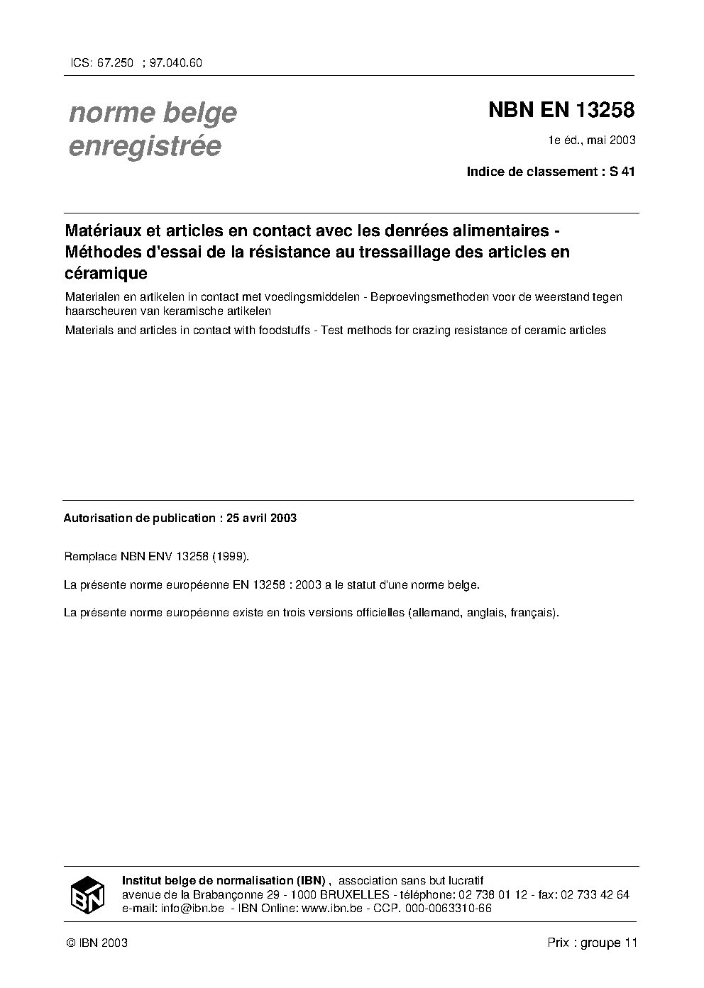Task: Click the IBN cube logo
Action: [x=87, y=894]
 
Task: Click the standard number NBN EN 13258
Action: [x=561, y=111]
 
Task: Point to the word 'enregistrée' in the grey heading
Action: [x=145, y=146]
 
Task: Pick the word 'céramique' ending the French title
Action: [x=106, y=272]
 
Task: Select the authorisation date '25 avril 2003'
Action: [x=261, y=518]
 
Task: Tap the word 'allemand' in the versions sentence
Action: [x=435, y=612]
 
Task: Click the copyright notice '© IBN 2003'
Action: [x=97, y=943]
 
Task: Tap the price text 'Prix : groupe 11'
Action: [x=593, y=943]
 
